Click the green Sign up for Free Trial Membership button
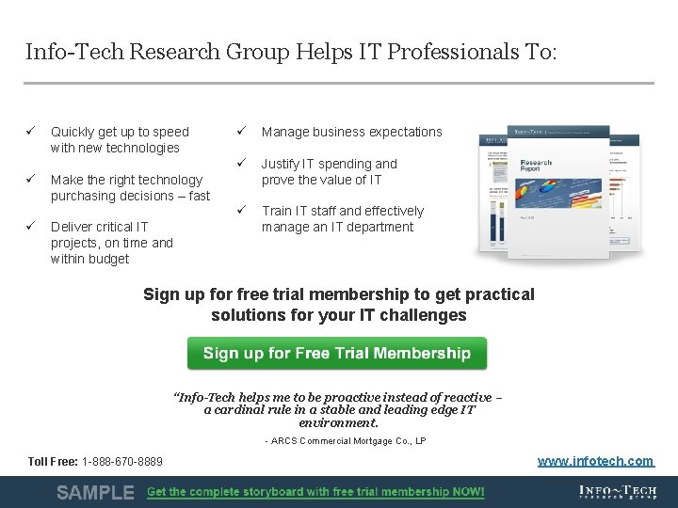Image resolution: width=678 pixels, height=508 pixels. pyautogui.click(x=336, y=354)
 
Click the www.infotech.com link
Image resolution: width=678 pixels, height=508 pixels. pyautogui.click(x=595, y=461)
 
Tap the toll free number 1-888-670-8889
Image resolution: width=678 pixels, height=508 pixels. pyautogui.click(x=122, y=462)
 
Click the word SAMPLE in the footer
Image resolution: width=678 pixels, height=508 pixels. pyautogui.click(x=95, y=492)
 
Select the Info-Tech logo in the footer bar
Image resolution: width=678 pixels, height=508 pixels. pyautogui.click(x=617, y=492)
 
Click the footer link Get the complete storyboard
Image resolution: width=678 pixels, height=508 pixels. pyautogui.click(x=315, y=492)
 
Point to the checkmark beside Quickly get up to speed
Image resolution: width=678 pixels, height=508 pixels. pyautogui.click(x=31, y=132)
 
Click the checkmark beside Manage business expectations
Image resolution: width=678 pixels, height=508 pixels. pyautogui.click(x=241, y=132)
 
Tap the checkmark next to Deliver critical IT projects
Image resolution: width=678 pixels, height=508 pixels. pyautogui.click(x=31, y=226)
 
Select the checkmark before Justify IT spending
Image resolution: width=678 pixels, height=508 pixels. pyautogui.click(x=241, y=164)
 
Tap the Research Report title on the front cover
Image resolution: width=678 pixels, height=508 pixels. pyautogui.click(x=536, y=167)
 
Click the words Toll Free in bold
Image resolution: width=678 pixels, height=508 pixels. pyautogui.click(x=53, y=462)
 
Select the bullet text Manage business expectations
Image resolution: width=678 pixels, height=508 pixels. pyautogui.click(x=351, y=132)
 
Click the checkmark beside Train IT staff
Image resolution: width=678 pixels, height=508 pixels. pyautogui.click(x=241, y=211)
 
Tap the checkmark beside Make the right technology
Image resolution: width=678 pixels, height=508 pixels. pyautogui.click(x=31, y=179)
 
